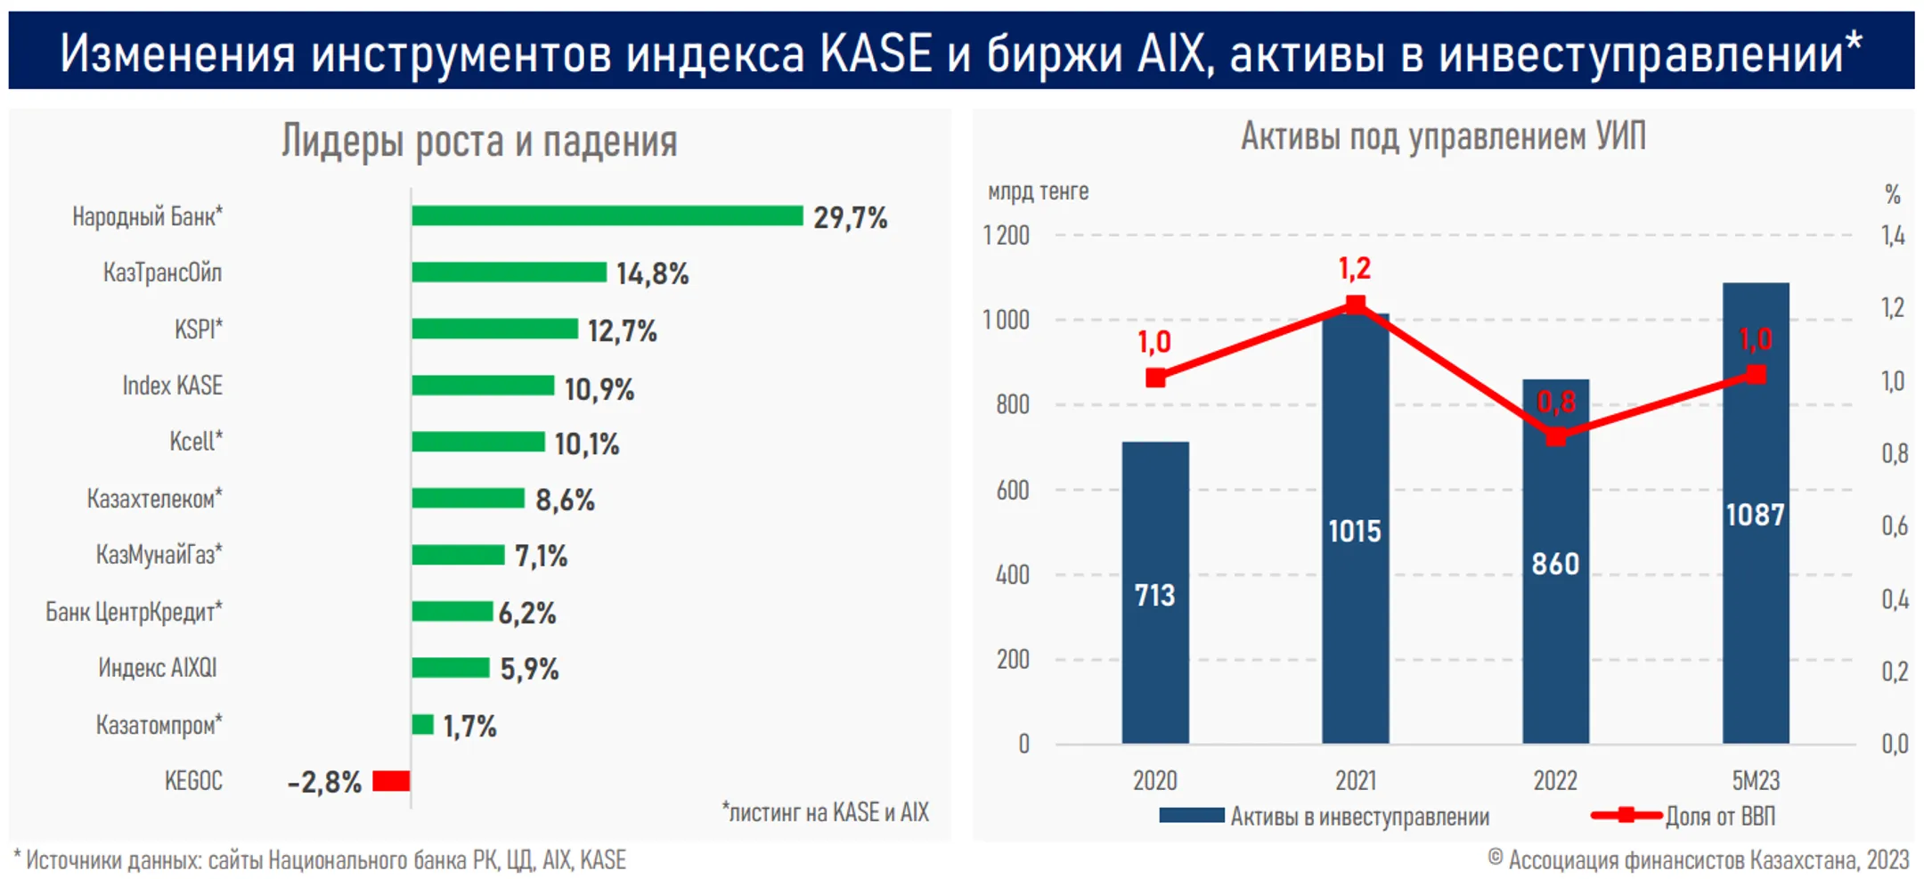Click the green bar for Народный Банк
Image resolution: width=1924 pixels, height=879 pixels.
607,216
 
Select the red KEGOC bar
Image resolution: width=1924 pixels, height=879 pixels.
391,781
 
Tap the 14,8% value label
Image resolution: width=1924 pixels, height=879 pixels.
652,273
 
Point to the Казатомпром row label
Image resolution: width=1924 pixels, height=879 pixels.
159,725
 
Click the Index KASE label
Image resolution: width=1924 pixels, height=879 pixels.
172,386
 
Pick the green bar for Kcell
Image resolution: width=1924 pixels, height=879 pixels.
477,442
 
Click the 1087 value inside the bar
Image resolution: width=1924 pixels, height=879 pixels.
1755,515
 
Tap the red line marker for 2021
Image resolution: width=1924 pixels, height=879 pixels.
1355,305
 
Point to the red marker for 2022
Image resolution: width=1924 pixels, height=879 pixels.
1555,436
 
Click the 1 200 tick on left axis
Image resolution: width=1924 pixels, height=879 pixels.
1006,236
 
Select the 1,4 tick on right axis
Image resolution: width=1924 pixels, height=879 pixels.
1893,236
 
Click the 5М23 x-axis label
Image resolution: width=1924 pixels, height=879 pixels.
1755,781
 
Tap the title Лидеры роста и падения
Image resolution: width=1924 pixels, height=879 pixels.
479,141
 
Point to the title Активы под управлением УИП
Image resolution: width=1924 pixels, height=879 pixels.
1443,136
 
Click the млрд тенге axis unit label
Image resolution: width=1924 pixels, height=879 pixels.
1038,191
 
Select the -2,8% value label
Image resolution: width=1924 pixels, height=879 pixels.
324,782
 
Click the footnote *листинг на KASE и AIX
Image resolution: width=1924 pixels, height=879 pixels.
825,812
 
